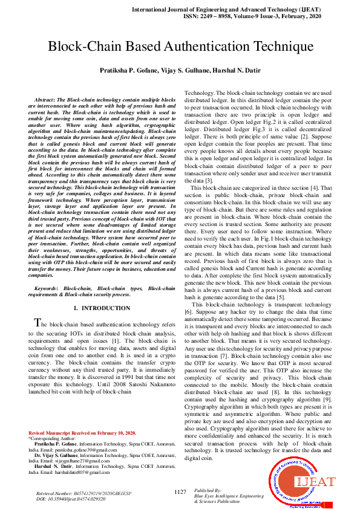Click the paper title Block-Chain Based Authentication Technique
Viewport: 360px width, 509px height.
[x=180, y=47]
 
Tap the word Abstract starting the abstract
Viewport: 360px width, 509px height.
[x=45, y=99]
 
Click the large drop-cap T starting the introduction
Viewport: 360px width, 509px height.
[x=38, y=323]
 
